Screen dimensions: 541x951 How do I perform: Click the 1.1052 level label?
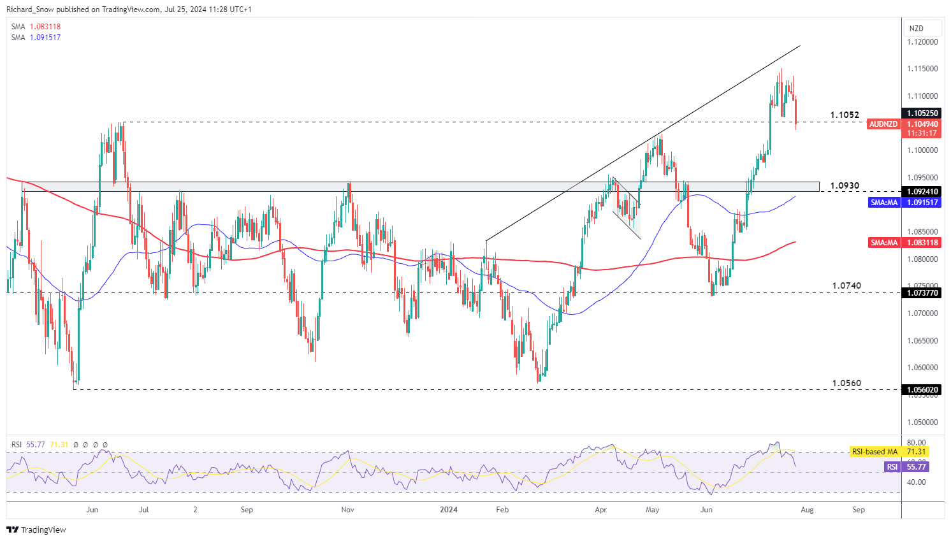coord(845,115)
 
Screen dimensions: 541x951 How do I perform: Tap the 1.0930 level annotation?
coord(845,186)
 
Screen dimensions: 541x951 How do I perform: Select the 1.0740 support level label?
coord(846,285)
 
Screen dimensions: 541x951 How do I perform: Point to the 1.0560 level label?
coord(846,383)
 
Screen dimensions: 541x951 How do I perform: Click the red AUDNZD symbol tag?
coord(883,124)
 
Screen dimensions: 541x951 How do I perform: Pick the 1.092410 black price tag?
coord(922,192)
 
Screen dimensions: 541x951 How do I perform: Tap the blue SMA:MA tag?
coord(884,203)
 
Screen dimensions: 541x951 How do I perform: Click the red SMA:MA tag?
coord(884,243)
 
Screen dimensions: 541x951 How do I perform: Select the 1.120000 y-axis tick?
coord(922,42)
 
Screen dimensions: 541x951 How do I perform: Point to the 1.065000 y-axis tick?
coord(922,341)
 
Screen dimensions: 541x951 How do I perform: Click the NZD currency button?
coord(916,29)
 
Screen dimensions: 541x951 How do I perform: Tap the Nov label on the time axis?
coord(347,510)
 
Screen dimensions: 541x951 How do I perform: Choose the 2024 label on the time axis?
coord(449,510)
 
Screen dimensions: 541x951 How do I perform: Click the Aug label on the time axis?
coord(807,510)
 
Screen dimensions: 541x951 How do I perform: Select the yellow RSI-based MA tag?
coord(875,452)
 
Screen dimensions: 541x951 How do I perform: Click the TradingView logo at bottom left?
coord(36,530)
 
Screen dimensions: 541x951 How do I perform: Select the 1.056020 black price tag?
coord(922,390)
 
